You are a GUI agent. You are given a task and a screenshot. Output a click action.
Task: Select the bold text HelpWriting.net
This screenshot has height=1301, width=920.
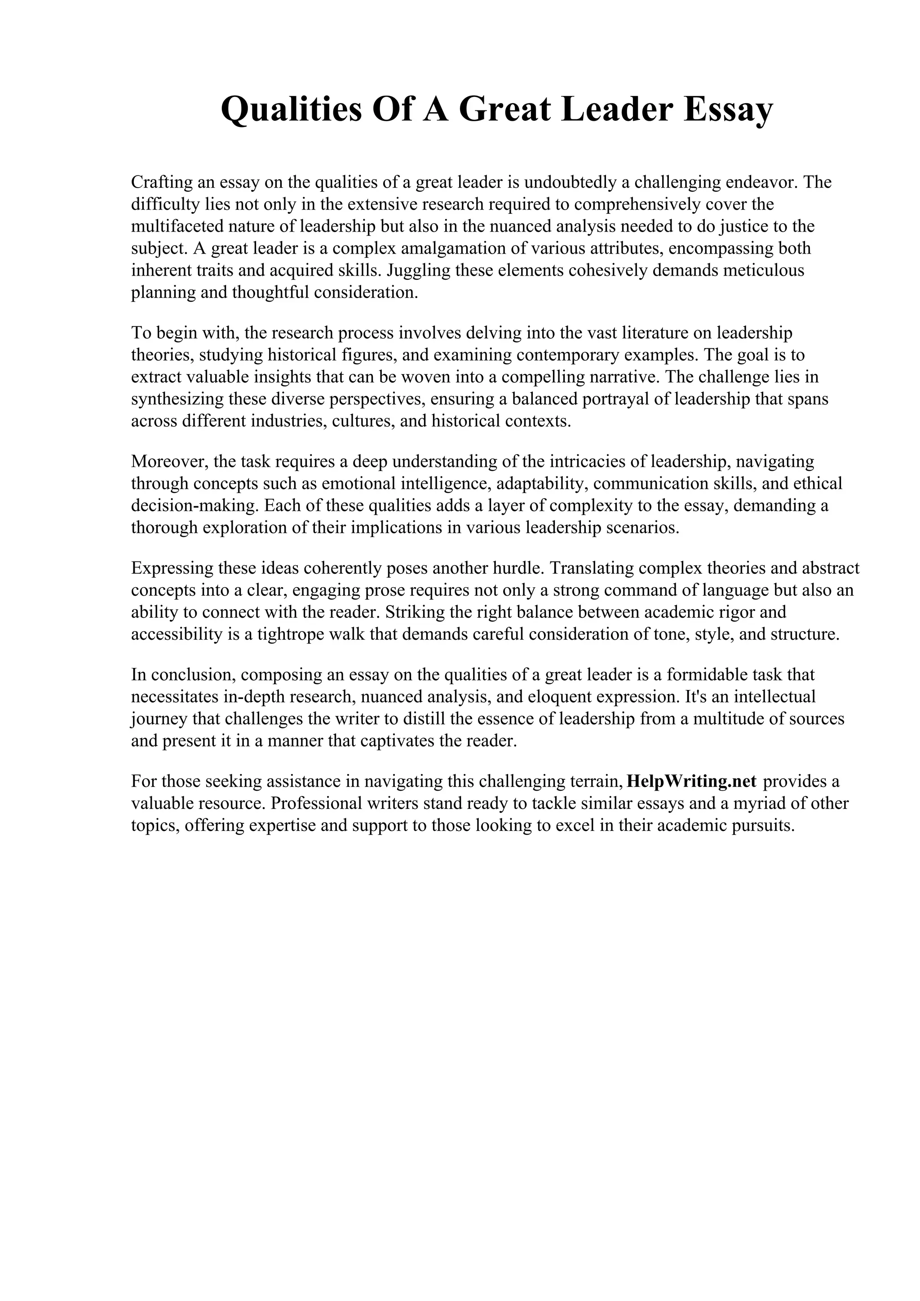(691, 782)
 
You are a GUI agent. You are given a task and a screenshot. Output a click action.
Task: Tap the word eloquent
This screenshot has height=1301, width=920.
(582, 697)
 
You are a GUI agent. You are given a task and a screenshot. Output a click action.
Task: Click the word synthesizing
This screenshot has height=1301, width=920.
(177, 400)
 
